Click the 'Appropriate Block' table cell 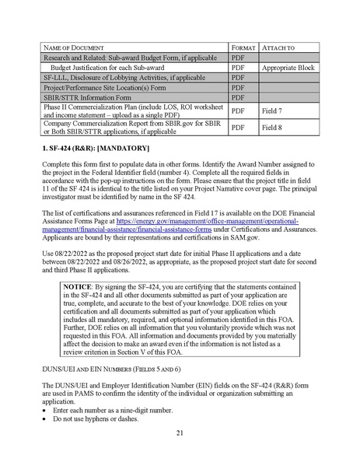pyautogui.click(x=288, y=68)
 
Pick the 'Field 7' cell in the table pyautogui.click(x=273, y=111)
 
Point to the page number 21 pyautogui.click(x=180, y=434)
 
